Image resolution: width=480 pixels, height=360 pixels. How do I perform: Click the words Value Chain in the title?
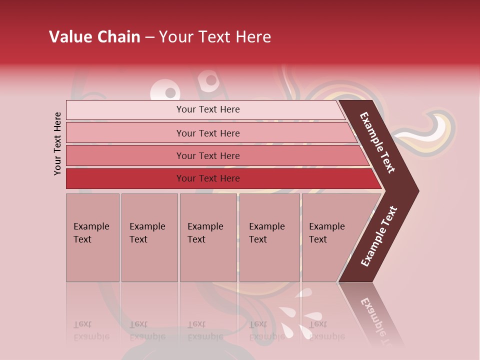point(94,37)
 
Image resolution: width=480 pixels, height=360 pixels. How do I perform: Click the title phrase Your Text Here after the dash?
point(215,37)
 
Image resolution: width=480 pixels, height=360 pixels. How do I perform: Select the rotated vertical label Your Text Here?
point(57,143)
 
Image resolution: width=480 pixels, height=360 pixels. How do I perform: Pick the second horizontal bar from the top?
point(207,133)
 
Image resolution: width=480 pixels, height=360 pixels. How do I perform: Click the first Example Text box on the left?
point(92,237)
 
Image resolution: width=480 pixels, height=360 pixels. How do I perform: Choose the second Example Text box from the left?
point(149,237)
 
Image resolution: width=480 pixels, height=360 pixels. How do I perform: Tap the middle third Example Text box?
point(208,237)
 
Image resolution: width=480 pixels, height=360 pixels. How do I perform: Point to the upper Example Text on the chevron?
point(377,142)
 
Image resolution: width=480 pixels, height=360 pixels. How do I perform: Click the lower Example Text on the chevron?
point(379,236)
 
